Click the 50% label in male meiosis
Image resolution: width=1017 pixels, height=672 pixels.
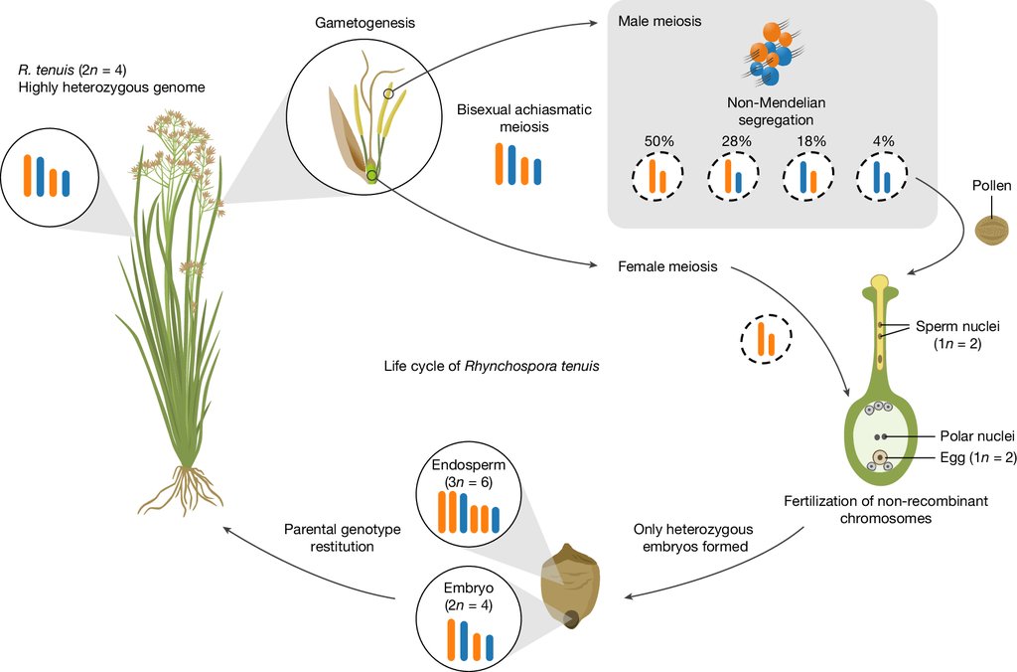pos(659,141)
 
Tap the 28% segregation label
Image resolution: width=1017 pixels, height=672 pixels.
pos(736,141)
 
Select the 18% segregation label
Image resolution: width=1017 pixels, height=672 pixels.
pos(811,141)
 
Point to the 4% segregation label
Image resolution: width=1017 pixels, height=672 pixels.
pos(883,141)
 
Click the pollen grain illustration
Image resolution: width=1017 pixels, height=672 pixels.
pos(992,231)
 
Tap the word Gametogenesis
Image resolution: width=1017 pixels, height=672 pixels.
pos(365,23)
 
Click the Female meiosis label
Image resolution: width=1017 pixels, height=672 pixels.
pos(667,266)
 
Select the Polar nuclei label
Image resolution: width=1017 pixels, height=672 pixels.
pos(977,436)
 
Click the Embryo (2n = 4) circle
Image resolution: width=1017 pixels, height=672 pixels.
pos(469,621)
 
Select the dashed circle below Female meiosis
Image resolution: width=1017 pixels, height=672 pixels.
pos(766,338)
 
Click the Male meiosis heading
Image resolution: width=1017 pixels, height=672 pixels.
pos(659,21)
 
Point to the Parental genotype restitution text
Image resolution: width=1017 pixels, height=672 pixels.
pos(343,538)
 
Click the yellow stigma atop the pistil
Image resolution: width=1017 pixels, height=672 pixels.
pos(880,281)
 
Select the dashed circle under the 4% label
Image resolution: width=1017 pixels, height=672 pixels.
pos(882,176)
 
